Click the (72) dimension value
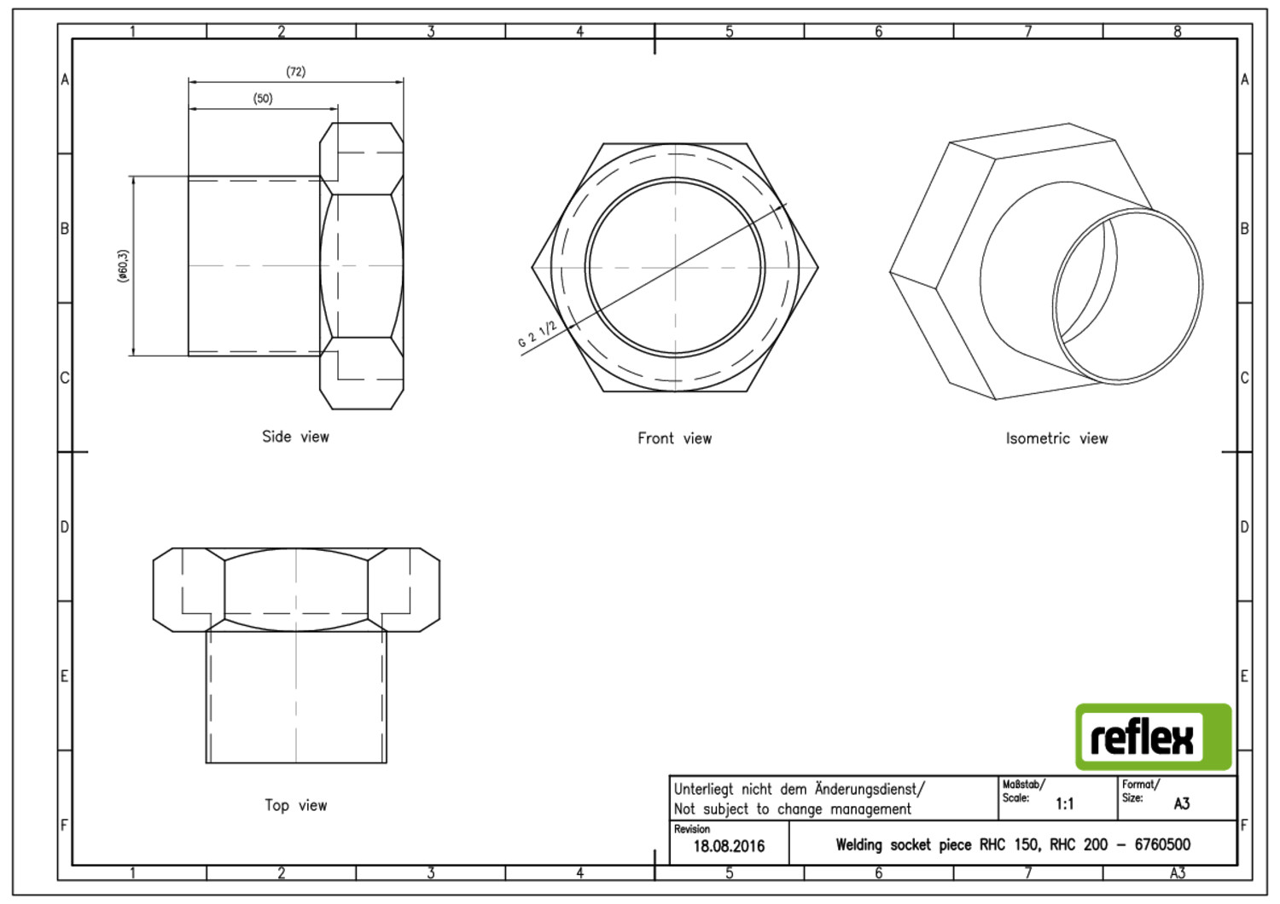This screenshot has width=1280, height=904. (296, 72)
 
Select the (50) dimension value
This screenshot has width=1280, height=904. (263, 98)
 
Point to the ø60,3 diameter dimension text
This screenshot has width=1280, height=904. (123, 266)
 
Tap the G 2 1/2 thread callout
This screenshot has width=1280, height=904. (537, 334)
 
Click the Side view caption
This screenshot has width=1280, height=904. (295, 437)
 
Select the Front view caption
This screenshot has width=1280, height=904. (675, 438)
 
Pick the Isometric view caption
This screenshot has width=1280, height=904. (1056, 438)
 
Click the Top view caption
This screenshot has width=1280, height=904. (296, 804)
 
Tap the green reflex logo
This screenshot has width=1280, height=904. (1154, 737)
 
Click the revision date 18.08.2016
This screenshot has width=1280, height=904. (729, 846)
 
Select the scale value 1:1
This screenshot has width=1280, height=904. (1065, 804)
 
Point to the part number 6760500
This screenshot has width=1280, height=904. (1162, 844)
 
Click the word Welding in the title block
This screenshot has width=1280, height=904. (859, 844)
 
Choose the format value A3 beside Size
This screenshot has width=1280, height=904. (1182, 804)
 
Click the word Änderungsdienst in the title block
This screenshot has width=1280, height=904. (868, 789)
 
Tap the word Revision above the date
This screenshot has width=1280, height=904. (692, 829)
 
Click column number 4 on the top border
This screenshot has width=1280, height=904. (580, 32)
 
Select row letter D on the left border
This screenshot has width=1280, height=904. (65, 526)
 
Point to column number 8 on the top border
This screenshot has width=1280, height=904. (1177, 32)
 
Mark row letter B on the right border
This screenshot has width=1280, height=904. (1244, 229)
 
